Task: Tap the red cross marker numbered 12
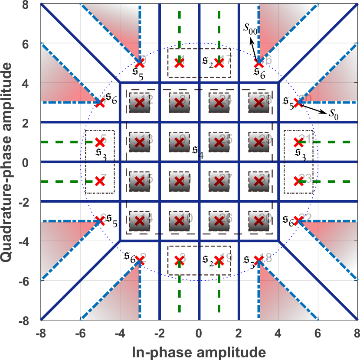click(139, 103)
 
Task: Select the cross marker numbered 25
click(219, 142)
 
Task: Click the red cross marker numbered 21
click(298, 142)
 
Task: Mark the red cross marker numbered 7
click(100, 182)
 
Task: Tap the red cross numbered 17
click(219, 63)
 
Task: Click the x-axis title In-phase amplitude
click(199, 351)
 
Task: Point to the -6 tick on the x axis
click(80, 334)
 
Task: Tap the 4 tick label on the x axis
click(279, 334)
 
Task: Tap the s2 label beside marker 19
click(208, 260)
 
